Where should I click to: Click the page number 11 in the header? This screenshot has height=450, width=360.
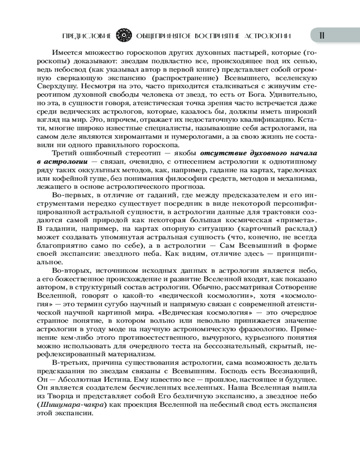[x=322, y=36]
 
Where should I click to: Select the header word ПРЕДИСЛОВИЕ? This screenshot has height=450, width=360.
[x=88, y=36]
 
